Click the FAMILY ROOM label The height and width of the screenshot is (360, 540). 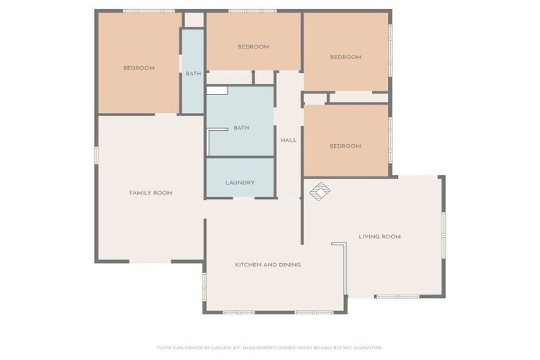point(150,193)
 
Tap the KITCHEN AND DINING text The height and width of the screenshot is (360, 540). point(268,265)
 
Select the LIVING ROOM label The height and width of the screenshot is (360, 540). point(380,237)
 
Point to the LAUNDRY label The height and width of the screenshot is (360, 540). point(240,183)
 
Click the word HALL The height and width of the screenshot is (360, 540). point(288,141)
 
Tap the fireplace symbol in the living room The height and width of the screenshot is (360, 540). point(320,191)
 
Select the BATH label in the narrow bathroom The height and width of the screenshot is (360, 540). point(193,74)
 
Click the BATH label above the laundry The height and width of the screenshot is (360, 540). point(241,128)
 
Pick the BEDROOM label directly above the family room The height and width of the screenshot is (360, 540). point(139,68)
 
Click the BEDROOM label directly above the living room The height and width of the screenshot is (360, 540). point(345,146)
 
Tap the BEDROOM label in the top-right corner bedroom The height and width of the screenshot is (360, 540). point(345,57)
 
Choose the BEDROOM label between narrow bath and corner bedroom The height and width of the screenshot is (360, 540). point(253,47)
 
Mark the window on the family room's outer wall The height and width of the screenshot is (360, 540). point(96,155)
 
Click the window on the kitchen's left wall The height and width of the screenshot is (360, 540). point(205,286)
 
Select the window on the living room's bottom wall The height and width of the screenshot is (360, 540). point(397,296)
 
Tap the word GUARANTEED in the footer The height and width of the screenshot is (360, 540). point(366,347)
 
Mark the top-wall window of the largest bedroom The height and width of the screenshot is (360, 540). point(148,11)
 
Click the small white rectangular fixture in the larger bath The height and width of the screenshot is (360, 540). point(217,91)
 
